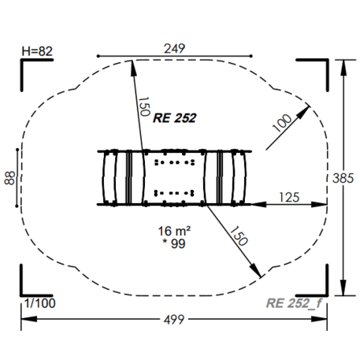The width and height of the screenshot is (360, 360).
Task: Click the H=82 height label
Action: pos(37,51)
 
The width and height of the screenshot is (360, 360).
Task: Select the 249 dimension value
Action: pos(174,49)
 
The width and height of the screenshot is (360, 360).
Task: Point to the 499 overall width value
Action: pos(174,319)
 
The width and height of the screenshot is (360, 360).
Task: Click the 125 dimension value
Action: pos(289,196)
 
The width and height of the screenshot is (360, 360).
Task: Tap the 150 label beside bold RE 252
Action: pos(143,106)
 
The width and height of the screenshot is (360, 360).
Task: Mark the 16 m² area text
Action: pos(174,231)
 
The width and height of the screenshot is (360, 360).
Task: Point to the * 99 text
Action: pos(175,244)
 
